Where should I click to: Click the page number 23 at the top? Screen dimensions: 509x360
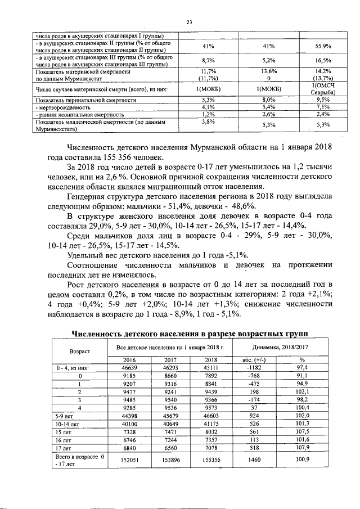tap(190, 22)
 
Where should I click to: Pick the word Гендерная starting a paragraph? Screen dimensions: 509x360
tap(89, 197)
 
